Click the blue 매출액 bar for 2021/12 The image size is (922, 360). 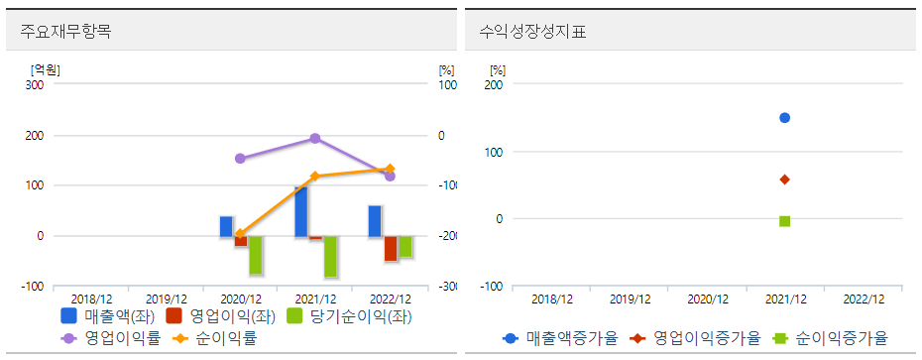click(300, 211)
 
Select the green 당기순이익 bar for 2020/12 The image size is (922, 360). click(256, 255)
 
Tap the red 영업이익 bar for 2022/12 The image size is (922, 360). click(391, 248)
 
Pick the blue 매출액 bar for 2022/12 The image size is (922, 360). click(375, 221)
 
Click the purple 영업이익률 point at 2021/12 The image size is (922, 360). click(315, 139)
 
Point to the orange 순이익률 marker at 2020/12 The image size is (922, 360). click(240, 234)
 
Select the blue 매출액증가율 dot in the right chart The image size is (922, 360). click(784, 118)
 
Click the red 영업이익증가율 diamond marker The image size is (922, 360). click(784, 180)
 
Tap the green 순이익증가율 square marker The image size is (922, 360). click(784, 221)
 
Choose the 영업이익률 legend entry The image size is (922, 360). click(110, 338)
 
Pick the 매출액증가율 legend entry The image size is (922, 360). click(555, 338)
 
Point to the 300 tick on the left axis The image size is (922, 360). click(35, 85)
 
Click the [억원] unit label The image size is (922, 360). click(46, 69)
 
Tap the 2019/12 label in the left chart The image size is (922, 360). click(167, 299)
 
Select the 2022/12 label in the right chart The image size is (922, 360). click(863, 299)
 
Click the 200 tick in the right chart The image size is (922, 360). click(494, 85)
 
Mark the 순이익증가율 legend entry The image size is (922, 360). click(833, 338)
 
